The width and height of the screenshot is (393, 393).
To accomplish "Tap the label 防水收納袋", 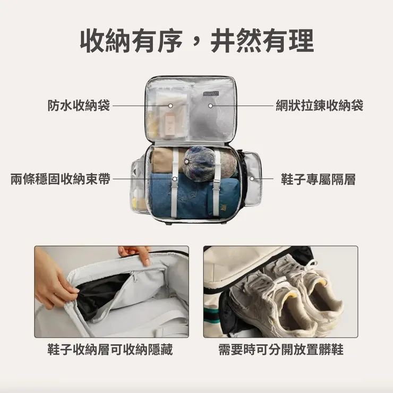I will (x=78, y=106).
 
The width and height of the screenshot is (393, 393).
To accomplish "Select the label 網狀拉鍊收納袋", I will (x=319, y=106).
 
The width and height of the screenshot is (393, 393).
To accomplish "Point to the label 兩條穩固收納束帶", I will (x=61, y=179).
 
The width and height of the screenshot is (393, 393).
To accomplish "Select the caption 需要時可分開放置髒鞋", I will (x=280, y=350).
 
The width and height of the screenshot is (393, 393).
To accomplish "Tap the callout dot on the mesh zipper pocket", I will (x=210, y=106).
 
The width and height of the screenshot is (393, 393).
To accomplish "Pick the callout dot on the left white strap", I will (x=175, y=179).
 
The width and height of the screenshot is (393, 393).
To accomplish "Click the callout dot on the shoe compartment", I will (x=252, y=179).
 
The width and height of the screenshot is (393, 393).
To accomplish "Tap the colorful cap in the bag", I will (x=202, y=162).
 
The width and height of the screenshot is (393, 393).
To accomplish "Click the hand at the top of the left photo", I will (x=136, y=253).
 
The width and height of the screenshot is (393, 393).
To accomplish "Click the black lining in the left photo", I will (x=101, y=295).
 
